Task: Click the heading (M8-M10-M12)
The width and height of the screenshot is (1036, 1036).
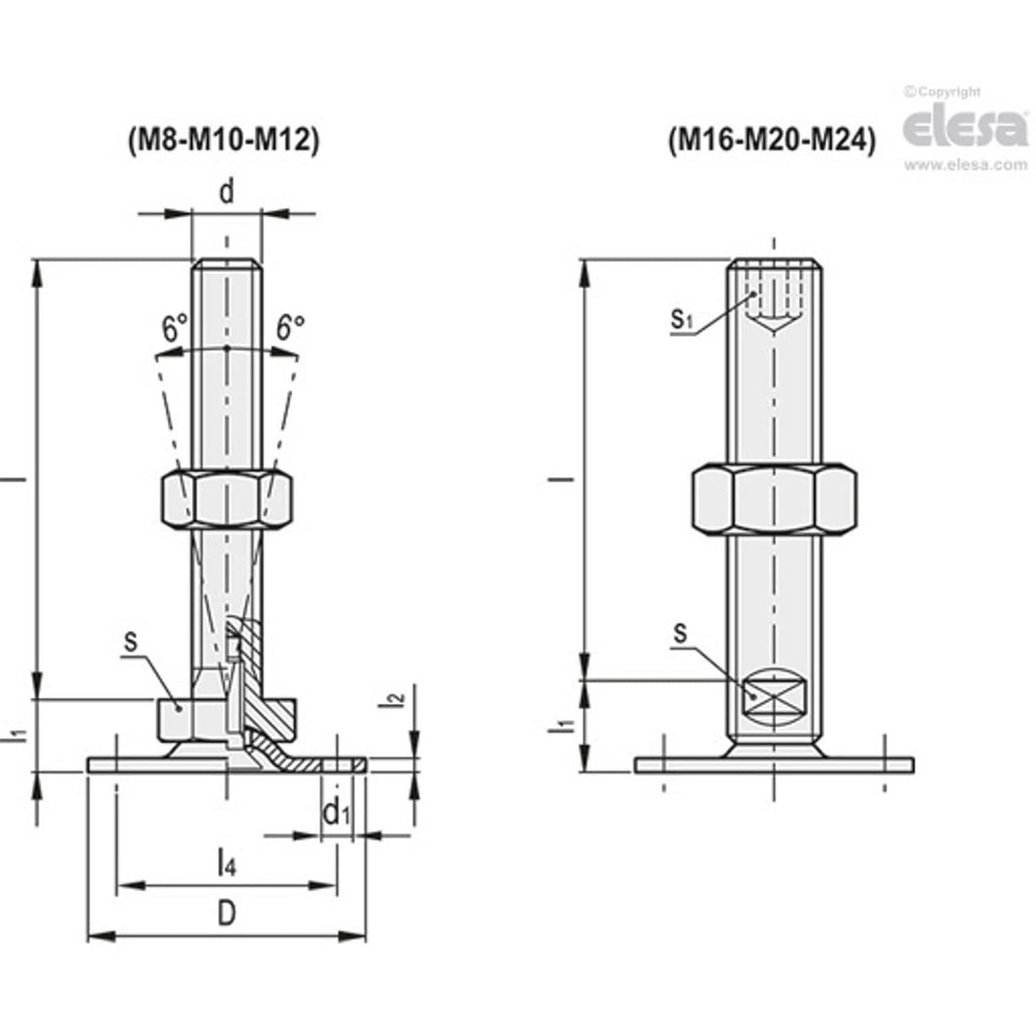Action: pyautogui.click(x=224, y=140)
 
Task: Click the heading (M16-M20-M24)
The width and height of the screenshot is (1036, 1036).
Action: pyautogui.click(x=772, y=140)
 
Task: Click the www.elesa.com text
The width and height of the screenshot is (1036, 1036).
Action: pyautogui.click(x=965, y=165)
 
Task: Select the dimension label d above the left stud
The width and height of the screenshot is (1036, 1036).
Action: pyautogui.click(x=226, y=192)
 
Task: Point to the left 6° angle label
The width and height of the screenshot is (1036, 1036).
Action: pyautogui.click(x=174, y=329)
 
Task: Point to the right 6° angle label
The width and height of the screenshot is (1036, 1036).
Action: pyautogui.click(x=290, y=329)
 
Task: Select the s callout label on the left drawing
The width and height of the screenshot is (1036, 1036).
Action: pyautogui.click(x=131, y=640)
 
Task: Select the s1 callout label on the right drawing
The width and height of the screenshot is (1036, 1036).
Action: pyautogui.click(x=680, y=320)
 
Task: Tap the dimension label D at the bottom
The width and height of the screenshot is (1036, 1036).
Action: pyautogui.click(x=225, y=913)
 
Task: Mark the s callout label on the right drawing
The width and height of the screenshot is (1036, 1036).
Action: pyautogui.click(x=680, y=632)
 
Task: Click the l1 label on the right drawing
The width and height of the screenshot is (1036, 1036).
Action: pyautogui.click(x=562, y=726)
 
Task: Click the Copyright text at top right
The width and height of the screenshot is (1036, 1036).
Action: pyautogui.click(x=943, y=92)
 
